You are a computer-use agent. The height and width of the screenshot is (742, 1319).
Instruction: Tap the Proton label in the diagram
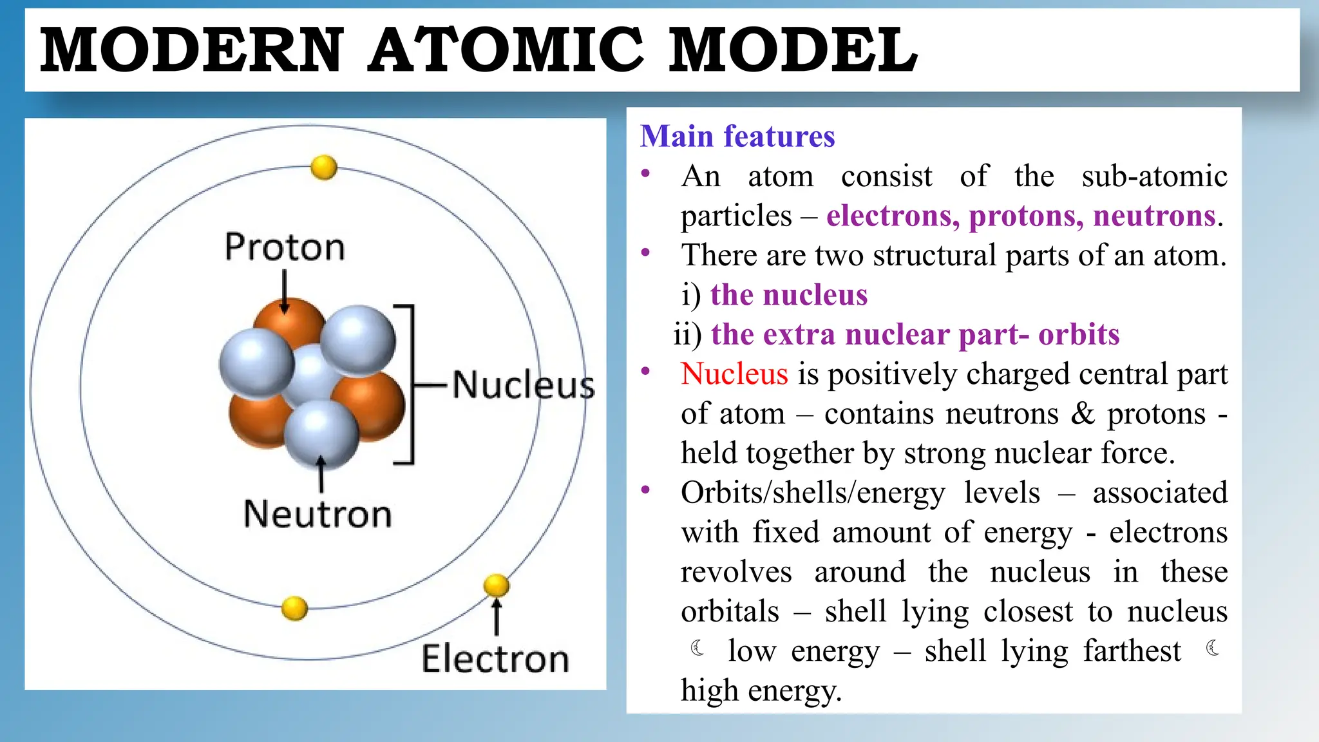tap(285, 247)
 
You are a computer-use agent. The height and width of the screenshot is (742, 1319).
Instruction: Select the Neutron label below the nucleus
tap(318, 514)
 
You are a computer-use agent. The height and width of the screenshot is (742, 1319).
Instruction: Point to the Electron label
tap(495, 659)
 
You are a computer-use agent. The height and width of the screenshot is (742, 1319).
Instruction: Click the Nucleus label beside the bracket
tap(523, 385)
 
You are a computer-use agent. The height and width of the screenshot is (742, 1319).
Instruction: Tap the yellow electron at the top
tap(323, 167)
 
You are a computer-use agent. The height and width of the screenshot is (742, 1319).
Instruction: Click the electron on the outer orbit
tap(496, 585)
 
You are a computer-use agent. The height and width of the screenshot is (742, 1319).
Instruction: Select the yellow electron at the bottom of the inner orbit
tap(295, 608)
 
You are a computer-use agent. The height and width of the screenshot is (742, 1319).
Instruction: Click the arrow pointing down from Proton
tap(285, 290)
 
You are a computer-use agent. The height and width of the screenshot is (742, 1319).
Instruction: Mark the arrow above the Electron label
tap(496, 617)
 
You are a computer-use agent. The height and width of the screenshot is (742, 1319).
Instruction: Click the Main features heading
tap(737, 137)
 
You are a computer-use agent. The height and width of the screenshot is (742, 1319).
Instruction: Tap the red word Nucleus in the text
tap(734, 374)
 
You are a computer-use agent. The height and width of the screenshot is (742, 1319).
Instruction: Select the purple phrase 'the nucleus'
tap(789, 295)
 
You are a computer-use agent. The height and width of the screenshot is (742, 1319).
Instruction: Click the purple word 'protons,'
tap(1026, 216)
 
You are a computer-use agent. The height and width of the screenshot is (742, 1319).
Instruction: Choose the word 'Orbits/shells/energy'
tap(813, 493)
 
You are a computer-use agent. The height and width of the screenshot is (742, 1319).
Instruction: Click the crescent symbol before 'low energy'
tap(697, 648)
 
